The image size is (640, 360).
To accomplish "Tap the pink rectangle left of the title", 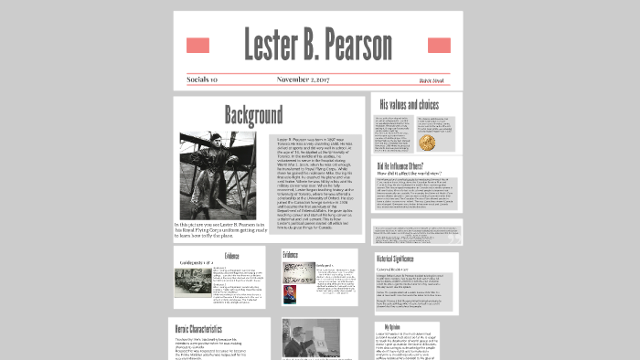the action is [197, 46].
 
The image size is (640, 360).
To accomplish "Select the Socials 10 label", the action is [202, 79].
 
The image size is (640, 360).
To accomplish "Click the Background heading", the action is [253, 115].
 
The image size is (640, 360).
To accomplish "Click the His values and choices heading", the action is [409, 105].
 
